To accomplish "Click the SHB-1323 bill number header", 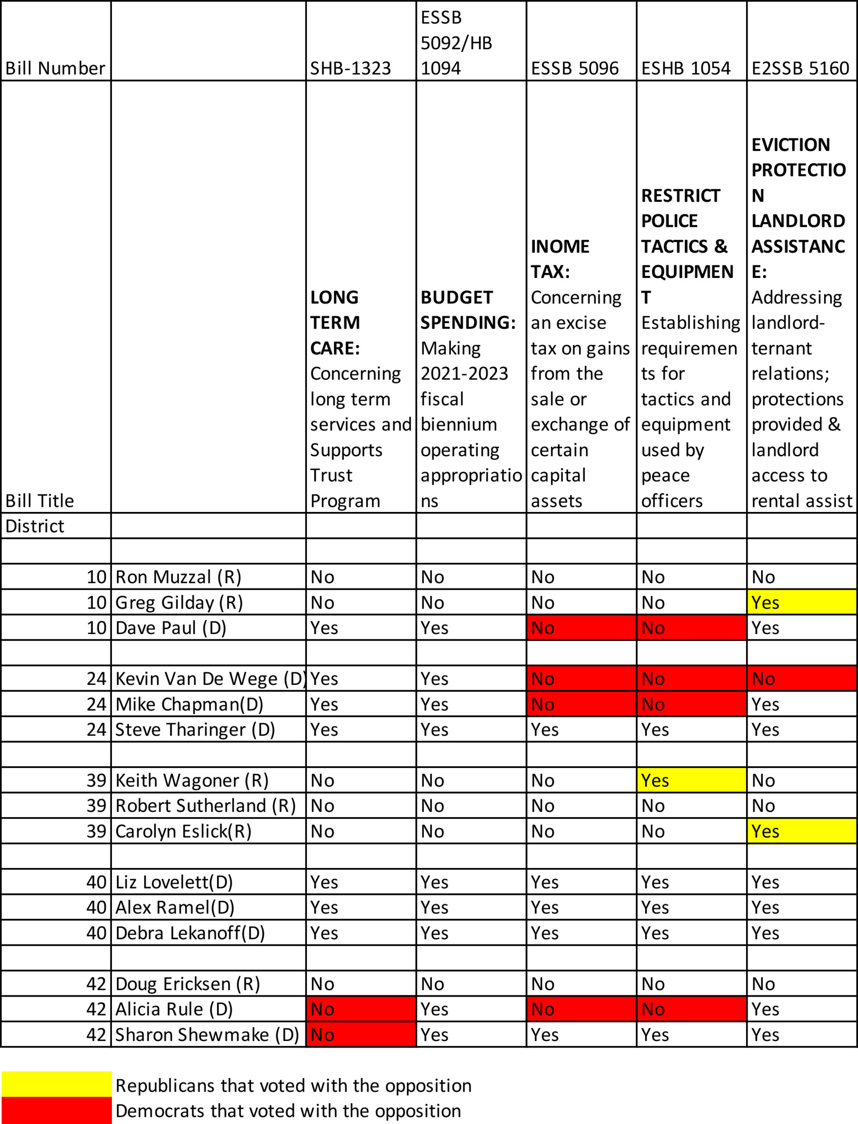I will pyautogui.click(x=350, y=68).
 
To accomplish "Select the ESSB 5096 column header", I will pyautogui.click(x=574, y=68).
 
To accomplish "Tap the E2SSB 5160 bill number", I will pyautogui.click(x=800, y=68).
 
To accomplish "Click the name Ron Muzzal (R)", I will pyautogui.click(x=178, y=576).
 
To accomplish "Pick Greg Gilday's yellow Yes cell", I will pyautogui.click(x=801, y=602).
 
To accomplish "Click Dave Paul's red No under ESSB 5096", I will pyautogui.click(x=581, y=627).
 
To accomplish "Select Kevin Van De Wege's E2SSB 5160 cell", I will pyautogui.click(x=801, y=678).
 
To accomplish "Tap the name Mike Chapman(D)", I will pyautogui.click(x=189, y=704).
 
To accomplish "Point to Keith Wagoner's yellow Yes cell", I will pyautogui.click(x=691, y=780).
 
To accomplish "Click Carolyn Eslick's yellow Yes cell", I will pyautogui.click(x=801, y=831).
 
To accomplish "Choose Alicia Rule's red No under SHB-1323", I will pyautogui.click(x=361, y=1009).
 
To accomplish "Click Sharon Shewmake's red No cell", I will pyautogui.click(x=361, y=1034).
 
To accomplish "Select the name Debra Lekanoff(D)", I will pyautogui.click(x=190, y=933).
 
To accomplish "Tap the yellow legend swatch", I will pyautogui.click(x=56, y=1084).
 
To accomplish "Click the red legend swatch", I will pyautogui.click(x=56, y=1110).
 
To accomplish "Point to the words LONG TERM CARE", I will pyautogui.click(x=335, y=322).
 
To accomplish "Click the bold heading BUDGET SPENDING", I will pyautogui.click(x=468, y=310).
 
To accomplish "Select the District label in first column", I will pyautogui.click(x=35, y=526).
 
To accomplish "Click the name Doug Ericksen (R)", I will pyautogui.click(x=187, y=983).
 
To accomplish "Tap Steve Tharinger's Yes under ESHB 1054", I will pyautogui.click(x=655, y=729).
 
